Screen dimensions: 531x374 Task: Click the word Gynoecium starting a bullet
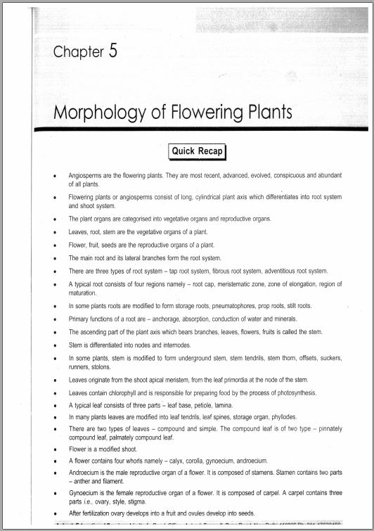86,494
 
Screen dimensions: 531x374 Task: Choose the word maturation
82,292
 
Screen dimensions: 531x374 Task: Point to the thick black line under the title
211,129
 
